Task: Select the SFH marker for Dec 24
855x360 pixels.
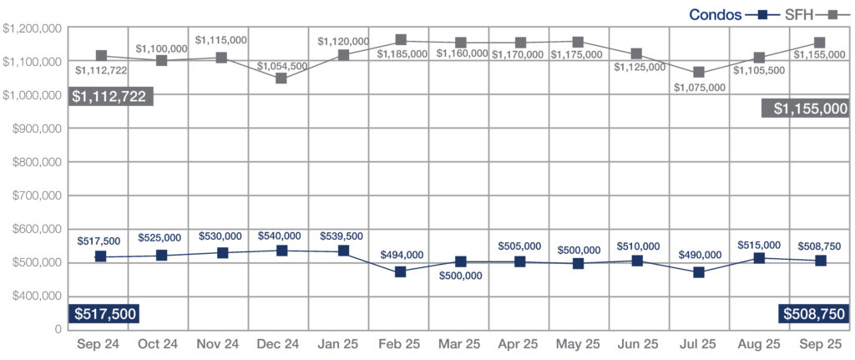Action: click(x=281, y=79)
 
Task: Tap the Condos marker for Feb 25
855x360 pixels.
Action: click(x=401, y=271)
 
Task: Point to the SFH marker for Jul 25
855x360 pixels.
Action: click(x=699, y=73)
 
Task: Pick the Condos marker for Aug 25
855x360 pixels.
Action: click(x=759, y=258)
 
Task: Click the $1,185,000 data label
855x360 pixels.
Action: click(x=402, y=54)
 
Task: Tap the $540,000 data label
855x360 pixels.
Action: click(x=280, y=236)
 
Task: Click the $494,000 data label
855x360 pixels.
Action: click(x=402, y=255)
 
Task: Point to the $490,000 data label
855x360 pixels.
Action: click(x=700, y=255)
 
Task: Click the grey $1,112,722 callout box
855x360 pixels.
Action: click(x=109, y=97)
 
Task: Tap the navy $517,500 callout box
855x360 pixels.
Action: click(x=104, y=313)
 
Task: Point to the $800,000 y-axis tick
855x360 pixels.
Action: click(x=32, y=162)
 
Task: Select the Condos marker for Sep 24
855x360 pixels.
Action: click(x=101, y=256)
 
